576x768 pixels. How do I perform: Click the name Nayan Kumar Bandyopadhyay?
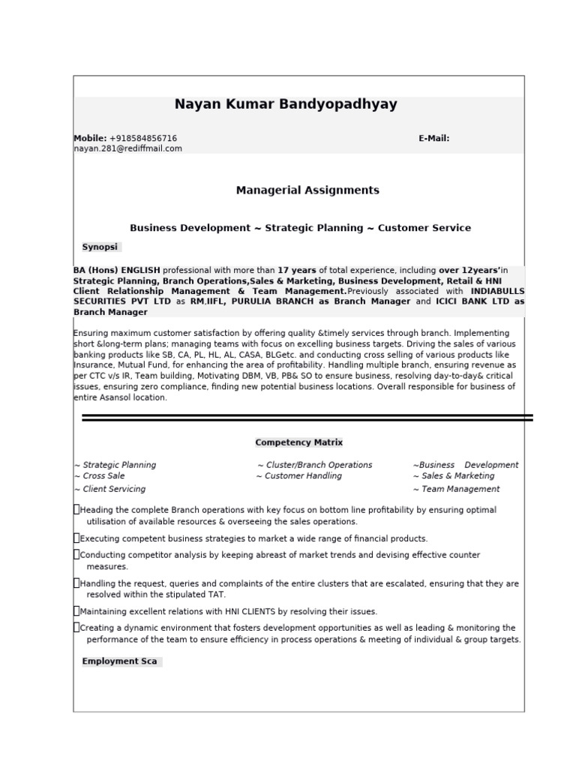pyautogui.click(x=286, y=104)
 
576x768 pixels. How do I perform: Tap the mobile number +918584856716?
pyautogui.click(x=143, y=139)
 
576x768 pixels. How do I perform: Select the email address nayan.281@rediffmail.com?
pyautogui.click(x=127, y=148)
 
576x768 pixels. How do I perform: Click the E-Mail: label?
pyautogui.click(x=433, y=139)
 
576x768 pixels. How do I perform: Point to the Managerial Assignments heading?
pyautogui.click(x=307, y=190)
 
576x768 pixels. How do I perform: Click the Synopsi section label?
pyautogui.click(x=100, y=247)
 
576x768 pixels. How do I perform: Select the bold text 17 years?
pyautogui.click(x=297, y=270)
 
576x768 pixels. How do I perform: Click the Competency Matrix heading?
pyautogui.click(x=298, y=442)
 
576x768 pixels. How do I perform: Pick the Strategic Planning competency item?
pyautogui.click(x=118, y=465)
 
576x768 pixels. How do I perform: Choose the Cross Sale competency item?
pyautogui.click(x=103, y=475)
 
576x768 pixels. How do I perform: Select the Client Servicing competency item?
pyautogui.click(x=113, y=489)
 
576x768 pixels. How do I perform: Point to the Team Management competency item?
pyautogui.click(x=460, y=489)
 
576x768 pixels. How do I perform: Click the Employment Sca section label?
pyautogui.click(x=120, y=661)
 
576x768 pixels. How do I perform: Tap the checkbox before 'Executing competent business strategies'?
pyautogui.click(x=76, y=538)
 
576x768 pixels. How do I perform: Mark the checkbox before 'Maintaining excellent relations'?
pyautogui.click(x=76, y=610)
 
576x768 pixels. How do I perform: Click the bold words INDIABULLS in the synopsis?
pyautogui.click(x=497, y=291)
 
